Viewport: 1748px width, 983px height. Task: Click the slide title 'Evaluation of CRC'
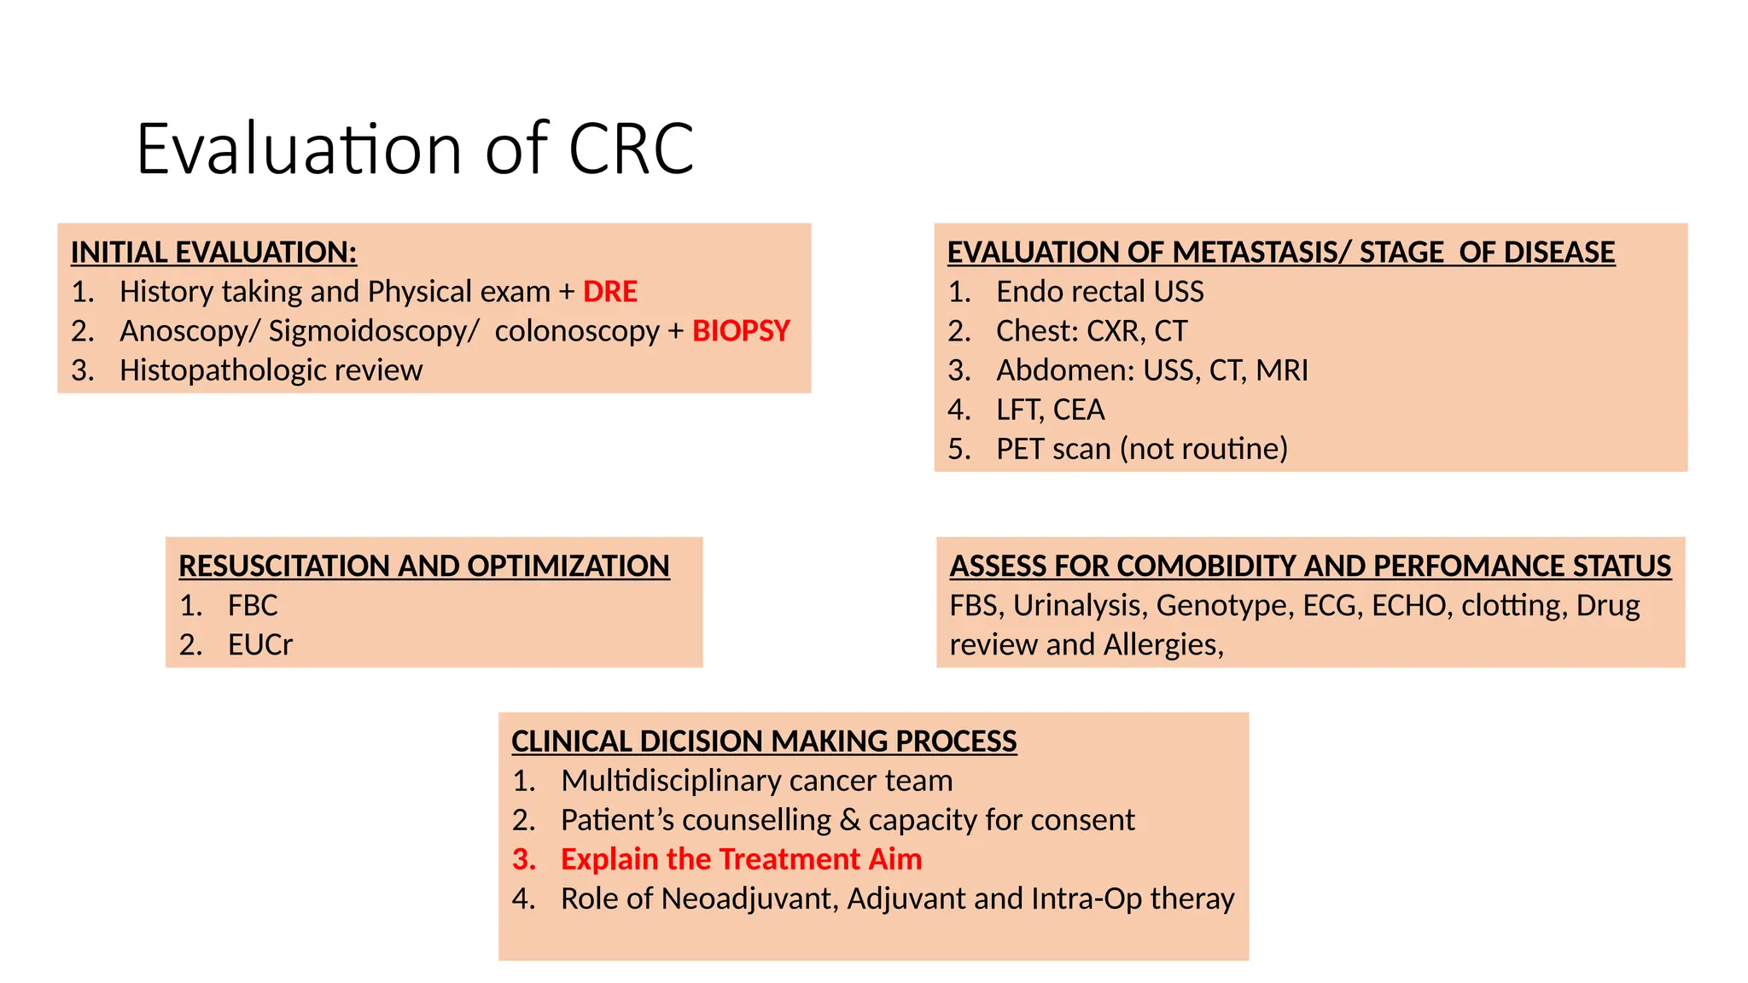point(415,149)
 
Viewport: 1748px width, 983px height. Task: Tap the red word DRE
point(609,292)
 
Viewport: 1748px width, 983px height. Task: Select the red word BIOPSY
point(741,331)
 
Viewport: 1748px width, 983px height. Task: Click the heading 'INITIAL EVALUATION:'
point(213,253)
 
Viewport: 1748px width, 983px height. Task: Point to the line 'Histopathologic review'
point(271,370)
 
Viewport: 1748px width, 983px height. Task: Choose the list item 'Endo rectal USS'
point(1099,292)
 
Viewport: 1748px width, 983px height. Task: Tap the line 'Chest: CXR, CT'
point(1091,331)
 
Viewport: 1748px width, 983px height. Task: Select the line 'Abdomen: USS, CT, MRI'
point(1151,370)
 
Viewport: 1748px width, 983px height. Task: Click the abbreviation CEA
point(1079,410)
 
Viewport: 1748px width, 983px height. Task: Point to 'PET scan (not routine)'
point(1141,449)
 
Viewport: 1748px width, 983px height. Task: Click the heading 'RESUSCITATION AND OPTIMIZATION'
point(424,567)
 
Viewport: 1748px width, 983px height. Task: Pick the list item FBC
point(253,606)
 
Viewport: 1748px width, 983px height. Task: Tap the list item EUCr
point(259,645)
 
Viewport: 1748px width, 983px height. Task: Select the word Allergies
point(1163,645)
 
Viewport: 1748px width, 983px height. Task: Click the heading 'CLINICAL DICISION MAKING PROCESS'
point(764,742)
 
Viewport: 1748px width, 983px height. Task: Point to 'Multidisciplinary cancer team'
point(756,781)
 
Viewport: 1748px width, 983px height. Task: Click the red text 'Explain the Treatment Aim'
point(741,859)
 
